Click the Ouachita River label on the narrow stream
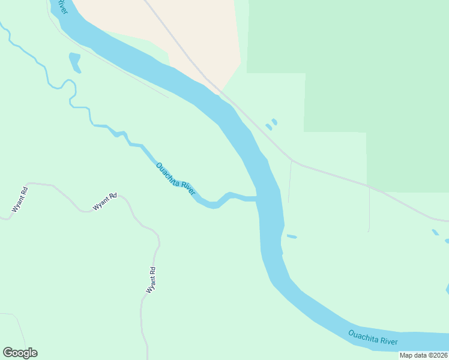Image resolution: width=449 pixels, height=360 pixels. point(176,179)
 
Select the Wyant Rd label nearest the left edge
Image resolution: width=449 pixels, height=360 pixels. point(20,200)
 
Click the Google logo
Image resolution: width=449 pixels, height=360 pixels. point(20,353)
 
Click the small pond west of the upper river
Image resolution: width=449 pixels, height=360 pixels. point(75,62)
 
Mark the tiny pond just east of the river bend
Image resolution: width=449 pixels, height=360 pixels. point(292,236)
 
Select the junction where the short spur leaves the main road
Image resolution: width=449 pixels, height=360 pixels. point(292,161)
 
